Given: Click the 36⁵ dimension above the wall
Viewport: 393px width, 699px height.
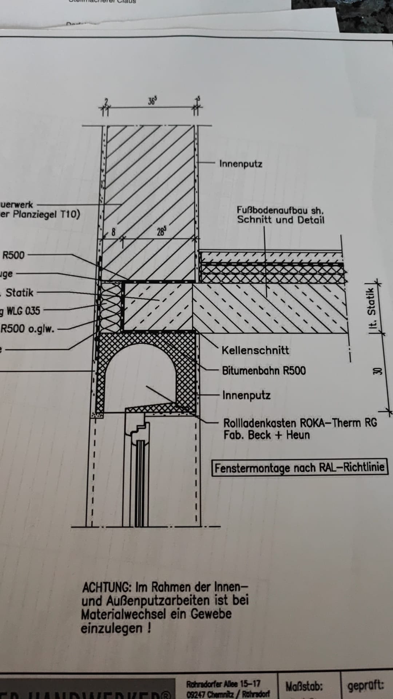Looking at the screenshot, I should point(152,101).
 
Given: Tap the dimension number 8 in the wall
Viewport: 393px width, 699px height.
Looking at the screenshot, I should point(113,232).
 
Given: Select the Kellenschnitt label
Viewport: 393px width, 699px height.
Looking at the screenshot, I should point(255,351).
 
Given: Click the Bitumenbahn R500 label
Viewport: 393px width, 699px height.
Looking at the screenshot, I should point(264,371).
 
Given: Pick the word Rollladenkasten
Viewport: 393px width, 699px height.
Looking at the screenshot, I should point(261,423).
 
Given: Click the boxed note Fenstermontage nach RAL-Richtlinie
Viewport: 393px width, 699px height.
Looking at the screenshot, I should point(299,468).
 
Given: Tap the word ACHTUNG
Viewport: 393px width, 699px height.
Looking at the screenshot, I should point(107,587).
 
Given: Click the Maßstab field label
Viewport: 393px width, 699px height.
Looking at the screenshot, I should point(304,686).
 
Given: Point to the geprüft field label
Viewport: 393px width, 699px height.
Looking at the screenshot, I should point(365,686).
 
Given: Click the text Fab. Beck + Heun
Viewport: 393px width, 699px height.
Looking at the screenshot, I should point(266,435).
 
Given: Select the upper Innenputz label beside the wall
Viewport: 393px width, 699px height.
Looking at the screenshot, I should point(241,164).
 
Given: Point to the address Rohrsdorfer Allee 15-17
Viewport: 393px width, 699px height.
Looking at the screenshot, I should point(223,684).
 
